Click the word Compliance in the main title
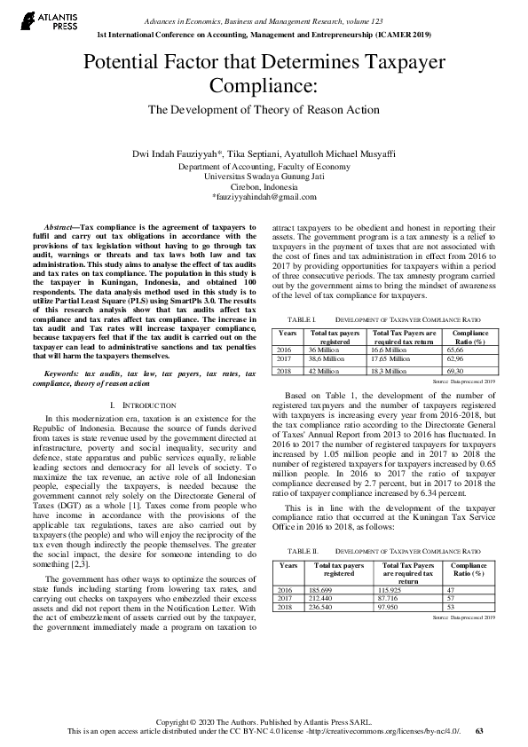click(x=264, y=86)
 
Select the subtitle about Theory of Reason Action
click(x=264, y=110)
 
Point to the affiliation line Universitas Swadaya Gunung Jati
click(x=264, y=176)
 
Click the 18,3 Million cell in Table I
click(x=391, y=370)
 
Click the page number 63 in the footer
click(x=479, y=731)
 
